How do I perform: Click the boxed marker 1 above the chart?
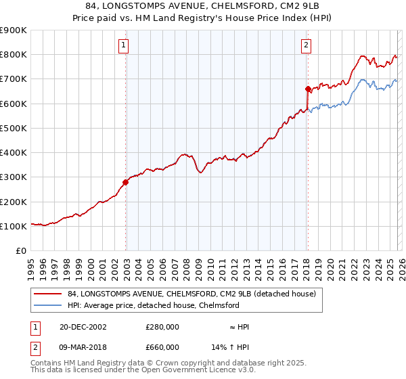coord(124,45)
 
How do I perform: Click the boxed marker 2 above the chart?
coord(306,45)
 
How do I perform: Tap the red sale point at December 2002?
coord(126,182)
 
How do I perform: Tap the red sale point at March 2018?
coord(308,89)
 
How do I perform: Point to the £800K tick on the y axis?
coord(14,55)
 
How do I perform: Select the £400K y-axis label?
coord(14,153)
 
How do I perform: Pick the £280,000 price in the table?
coord(162,327)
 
